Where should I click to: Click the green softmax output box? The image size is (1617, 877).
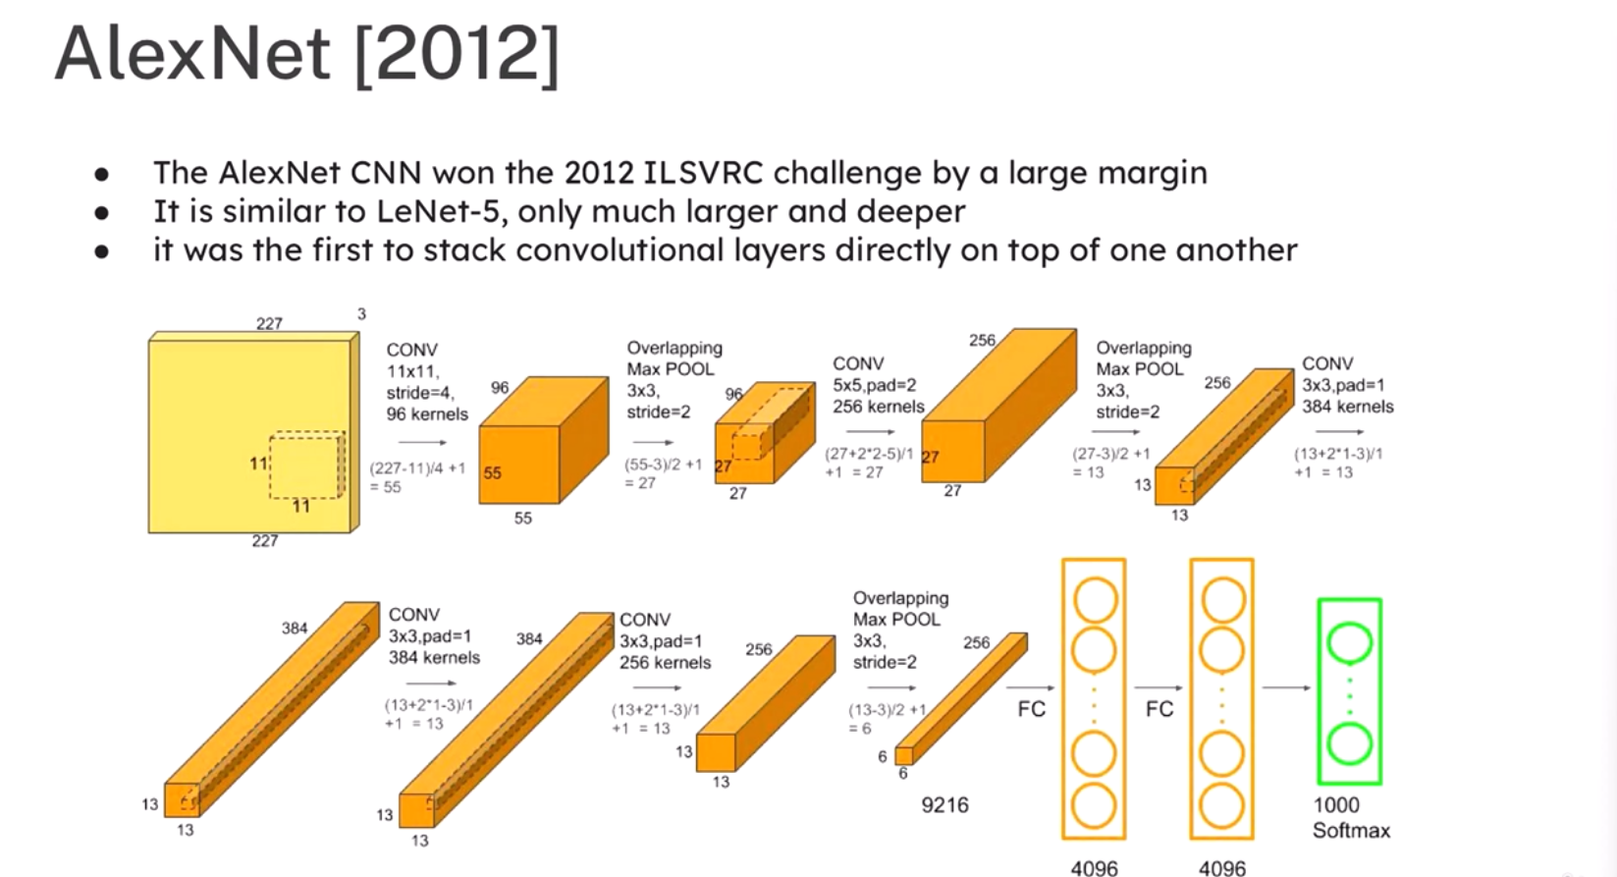pyautogui.click(x=1349, y=690)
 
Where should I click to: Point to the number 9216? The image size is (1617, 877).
pyautogui.click(x=944, y=805)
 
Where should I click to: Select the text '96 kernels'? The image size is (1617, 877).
pyautogui.click(x=427, y=414)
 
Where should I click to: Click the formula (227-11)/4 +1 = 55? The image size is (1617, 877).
pyautogui.click(x=417, y=478)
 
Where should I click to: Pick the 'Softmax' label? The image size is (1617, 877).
pyautogui.click(x=1351, y=831)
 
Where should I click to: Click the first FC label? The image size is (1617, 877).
pyautogui.click(x=1032, y=709)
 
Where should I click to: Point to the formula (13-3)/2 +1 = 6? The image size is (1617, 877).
pyautogui.click(x=888, y=719)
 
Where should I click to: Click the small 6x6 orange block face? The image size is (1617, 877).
pyautogui.click(x=904, y=756)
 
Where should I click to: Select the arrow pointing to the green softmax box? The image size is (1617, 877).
pyautogui.click(x=1286, y=687)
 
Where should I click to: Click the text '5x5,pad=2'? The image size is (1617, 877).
pyautogui.click(x=874, y=385)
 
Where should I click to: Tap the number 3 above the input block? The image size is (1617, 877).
pyautogui.click(x=361, y=314)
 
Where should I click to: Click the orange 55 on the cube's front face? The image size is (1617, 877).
pyautogui.click(x=492, y=472)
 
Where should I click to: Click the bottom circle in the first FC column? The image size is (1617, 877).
pyautogui.click(x=1094, y=805)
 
